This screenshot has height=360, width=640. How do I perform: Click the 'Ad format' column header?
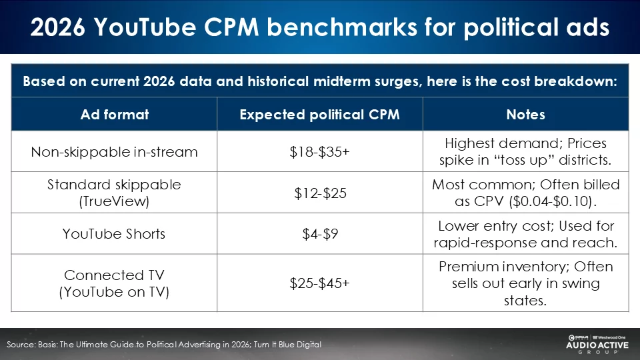point(114,114)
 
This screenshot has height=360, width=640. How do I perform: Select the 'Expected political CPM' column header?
point(319,114)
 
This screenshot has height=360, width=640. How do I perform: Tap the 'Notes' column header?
point(525,114)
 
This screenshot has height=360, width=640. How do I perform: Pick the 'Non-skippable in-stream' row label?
point(114,152)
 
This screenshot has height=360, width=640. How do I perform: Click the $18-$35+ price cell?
point(319,152)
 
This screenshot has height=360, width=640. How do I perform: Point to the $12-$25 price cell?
point(319,193)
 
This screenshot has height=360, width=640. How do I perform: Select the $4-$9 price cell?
point(319,234)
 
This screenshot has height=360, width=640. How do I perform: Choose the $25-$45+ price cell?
point(319,283)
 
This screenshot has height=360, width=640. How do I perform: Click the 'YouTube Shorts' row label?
point(114,234)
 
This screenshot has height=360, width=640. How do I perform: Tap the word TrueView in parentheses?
point(114,201)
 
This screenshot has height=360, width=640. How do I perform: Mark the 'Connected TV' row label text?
point(114,275)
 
